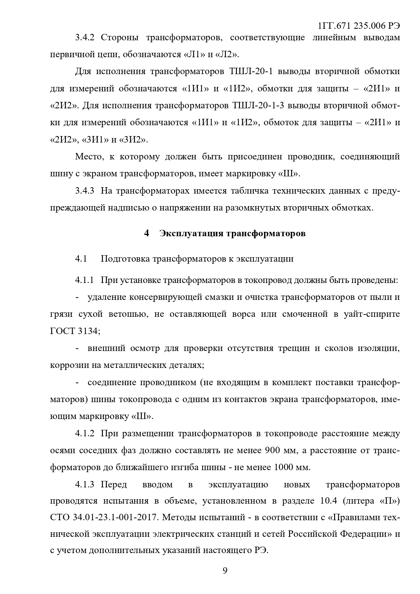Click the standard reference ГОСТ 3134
coord(74,331)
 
